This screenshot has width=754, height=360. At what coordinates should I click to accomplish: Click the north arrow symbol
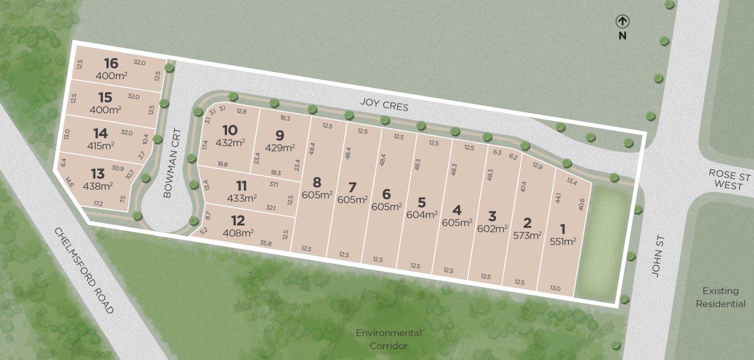(x=622, y=22)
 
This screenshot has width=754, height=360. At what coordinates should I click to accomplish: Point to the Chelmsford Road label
(x=84, y=270)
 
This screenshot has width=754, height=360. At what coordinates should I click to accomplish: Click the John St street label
(x=657, y=260)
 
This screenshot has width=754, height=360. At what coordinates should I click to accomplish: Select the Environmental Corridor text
(x=389, y=339)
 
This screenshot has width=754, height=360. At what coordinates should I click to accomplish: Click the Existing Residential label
(x=720, y=297)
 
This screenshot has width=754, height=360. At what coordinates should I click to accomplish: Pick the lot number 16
(x=110, y=63)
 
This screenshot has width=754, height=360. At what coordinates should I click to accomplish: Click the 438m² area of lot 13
(x=98, y=186)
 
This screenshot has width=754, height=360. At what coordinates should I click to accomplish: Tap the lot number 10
(x=229, y=130)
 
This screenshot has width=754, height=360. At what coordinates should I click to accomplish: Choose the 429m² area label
(x=280, y=147)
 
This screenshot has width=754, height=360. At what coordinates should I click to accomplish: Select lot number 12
(x=238, y=220)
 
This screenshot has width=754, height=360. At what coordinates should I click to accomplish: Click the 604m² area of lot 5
(x=421, y=214)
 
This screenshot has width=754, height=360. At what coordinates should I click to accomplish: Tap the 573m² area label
(x=527, y=236)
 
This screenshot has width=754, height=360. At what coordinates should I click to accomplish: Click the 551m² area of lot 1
(x=563, y=241)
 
